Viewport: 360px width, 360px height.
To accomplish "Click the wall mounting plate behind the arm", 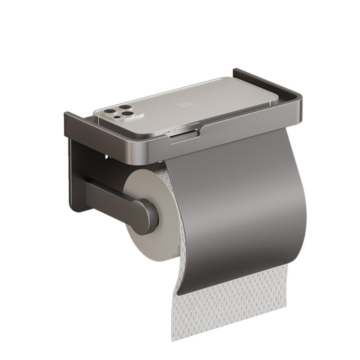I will (77, 173).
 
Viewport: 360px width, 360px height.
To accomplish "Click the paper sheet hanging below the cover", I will (230, 306).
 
